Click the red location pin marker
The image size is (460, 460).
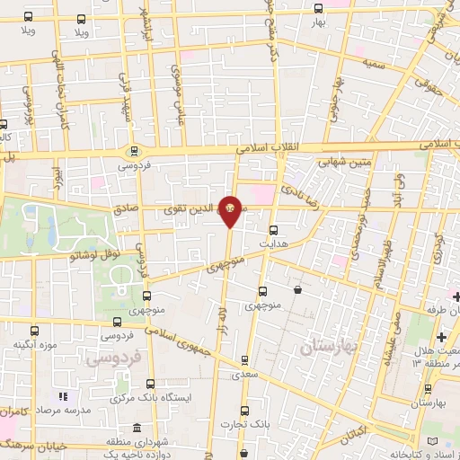(x=230, y=211)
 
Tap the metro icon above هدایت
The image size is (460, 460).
(x=274, y=229)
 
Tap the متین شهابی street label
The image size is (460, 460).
(x=341, y=162)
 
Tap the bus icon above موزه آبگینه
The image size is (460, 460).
(x=35, y=331)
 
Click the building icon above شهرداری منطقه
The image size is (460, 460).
(x=137, y=428)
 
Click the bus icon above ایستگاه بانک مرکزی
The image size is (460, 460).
(x=150, y=383)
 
